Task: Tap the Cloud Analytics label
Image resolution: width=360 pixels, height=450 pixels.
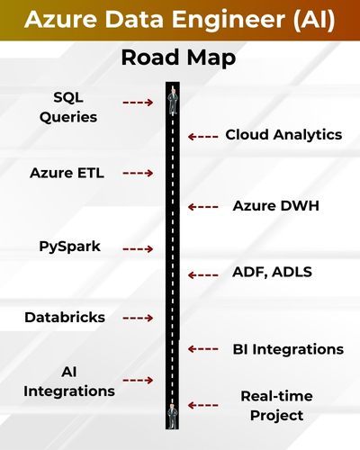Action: pyautogui.click(x=283, y=135)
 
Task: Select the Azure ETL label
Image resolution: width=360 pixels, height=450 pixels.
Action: pyautogui.click(x=67, y=173)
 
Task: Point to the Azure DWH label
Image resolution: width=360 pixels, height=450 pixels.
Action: pyautogui.click(x=275, y=206)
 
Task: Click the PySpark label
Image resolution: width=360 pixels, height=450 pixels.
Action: pyautogui.click(x=69, y=247)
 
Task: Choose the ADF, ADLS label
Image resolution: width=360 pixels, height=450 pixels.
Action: pyautogui.click(x=274, y=273)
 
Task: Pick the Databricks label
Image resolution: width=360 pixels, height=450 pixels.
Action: pyautogui.click(x=65, y=318)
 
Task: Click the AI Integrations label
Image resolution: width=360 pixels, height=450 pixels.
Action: pyautogui.click(x=69, y=381)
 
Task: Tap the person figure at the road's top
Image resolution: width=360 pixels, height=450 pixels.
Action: pyautogui.click(x=172, y=99)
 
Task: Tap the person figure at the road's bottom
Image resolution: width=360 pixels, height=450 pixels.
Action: pyautogui.click(x=172, y=415)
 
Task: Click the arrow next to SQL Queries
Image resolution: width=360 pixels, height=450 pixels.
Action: pyautogui.click(x=138, y=103)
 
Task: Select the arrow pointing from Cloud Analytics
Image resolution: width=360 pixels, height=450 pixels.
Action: pyautogui.click(x=203, y=136)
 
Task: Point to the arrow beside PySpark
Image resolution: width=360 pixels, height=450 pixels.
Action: pyautogui.click(x=138, y=248)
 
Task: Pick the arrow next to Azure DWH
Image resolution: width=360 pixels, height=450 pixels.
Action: pyautogui.click(x=203, y=207)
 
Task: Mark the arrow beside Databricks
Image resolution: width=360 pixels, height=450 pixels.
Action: pyautogui.click(x=138, y=319)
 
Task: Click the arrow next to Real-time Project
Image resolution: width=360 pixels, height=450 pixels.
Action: pyautogui.click(x=203, y=406)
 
